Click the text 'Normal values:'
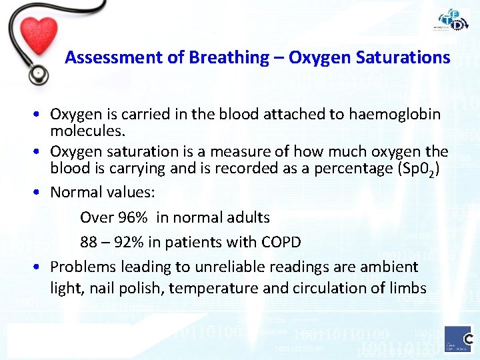coord(103,193)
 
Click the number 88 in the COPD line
coord(89,242)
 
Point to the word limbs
coord(407,289)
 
